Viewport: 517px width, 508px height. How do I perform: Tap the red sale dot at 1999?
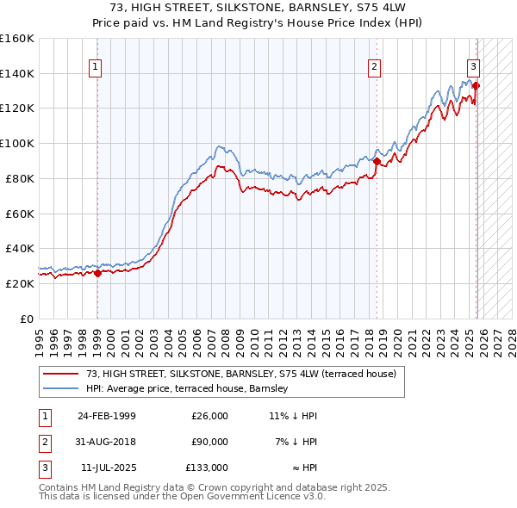pyautogui.click(x=97, y=273)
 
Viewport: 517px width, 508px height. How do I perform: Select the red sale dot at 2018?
pyautogui.click(x=377, y=160)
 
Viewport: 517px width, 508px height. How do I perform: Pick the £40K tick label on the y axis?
pyautogui.click(x=20, y=248)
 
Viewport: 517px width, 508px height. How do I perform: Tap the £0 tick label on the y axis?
pyautogui.click(x=27, y=319)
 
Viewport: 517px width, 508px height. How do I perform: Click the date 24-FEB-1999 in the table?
pyautogui.click(x=106, y=416)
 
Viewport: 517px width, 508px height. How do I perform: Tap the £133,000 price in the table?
pyautogui.click(x=207, y=468)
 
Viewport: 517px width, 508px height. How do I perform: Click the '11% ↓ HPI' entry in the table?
pyautogui.click(x=293, y=416)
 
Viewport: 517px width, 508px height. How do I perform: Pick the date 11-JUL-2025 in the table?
pyautogui.click(x=106, y=468)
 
